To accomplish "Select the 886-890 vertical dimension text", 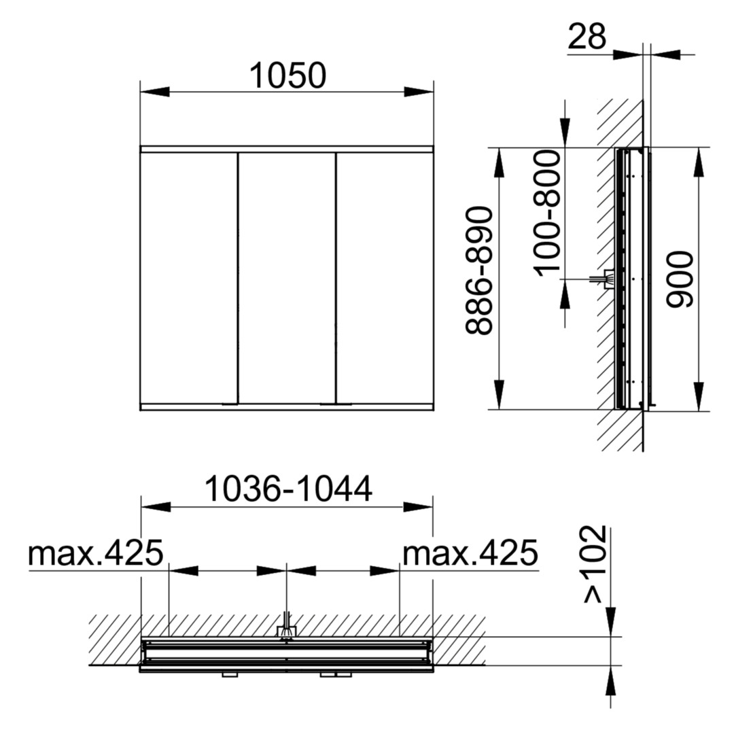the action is [479, 271].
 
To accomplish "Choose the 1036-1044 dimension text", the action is [288, 489].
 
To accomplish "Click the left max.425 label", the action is [96, 553].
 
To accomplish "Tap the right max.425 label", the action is [470, 553].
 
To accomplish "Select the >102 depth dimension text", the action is [595, 565].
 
